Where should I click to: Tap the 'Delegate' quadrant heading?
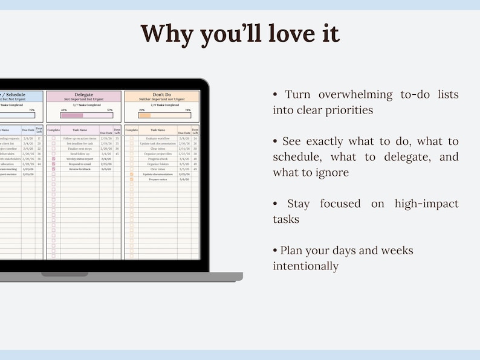click(84, 95)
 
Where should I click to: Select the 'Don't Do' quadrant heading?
click(162, 95)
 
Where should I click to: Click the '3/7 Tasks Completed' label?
click(84, 105)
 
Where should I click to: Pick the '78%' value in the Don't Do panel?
click(187, 110)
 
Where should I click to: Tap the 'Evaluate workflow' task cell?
click(158, 138)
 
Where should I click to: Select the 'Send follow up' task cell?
click(80, 153)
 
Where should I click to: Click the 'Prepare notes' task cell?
click(158, 179)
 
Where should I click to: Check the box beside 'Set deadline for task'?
click(54, 144)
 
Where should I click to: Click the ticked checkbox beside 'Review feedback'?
click(54, 169)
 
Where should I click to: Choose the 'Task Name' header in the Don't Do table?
click(158, 130)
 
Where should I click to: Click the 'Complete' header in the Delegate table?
click(54, 130)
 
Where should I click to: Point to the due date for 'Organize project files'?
click(184, 153)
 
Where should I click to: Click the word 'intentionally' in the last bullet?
click(305, 266)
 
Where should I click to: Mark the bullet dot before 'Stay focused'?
click(275, 204)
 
